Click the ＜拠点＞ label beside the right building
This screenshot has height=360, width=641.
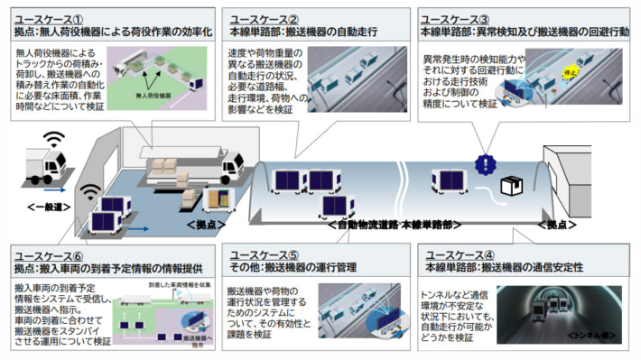(556, 223)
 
